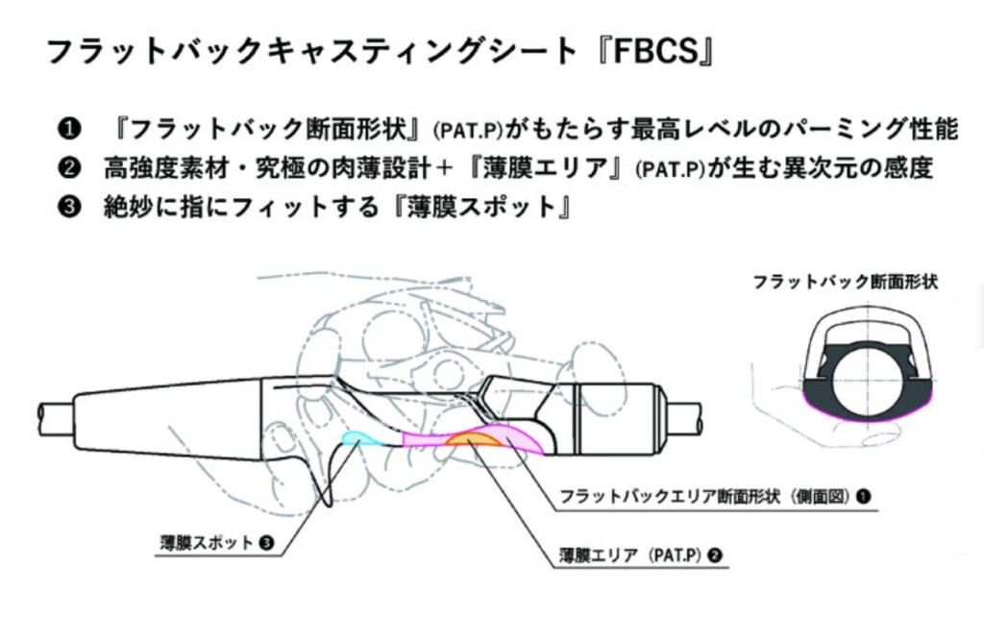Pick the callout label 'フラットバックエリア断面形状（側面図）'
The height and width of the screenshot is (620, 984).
705,497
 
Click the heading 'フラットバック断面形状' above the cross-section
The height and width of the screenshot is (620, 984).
845,282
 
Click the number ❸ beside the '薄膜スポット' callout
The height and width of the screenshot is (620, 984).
266,542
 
